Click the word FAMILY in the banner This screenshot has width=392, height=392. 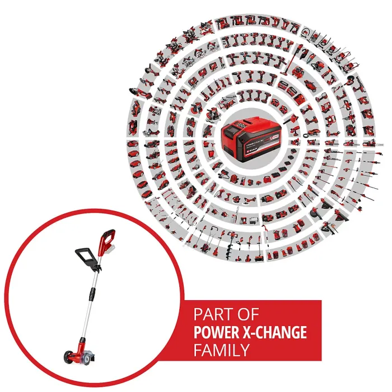pos(221,351)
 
